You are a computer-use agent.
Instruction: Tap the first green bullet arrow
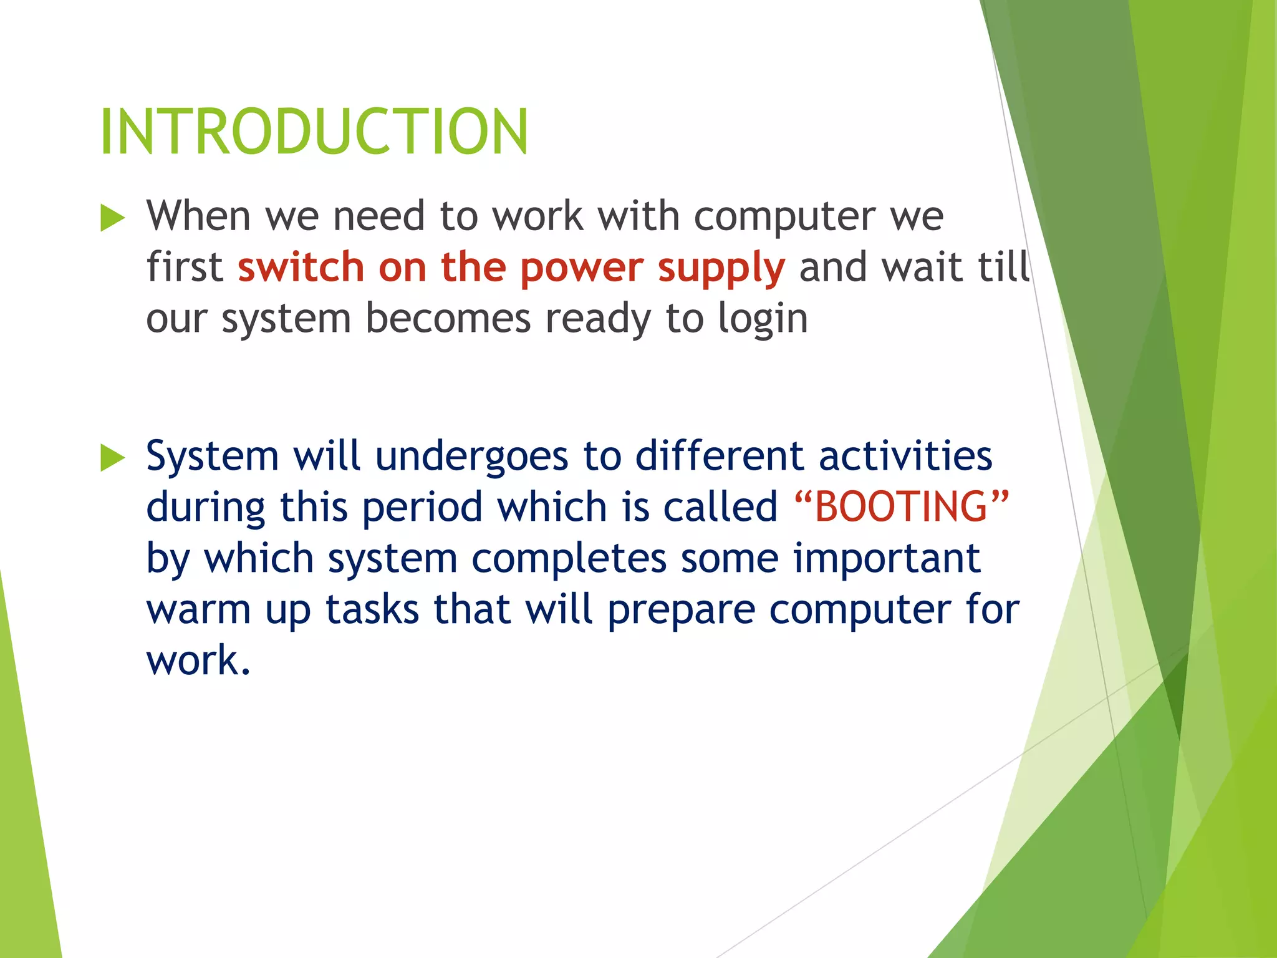coord(113,218)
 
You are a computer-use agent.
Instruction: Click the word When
coord(198,216)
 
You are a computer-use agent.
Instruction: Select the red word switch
coord(301,267)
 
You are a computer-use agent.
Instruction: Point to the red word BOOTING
coord(902,506)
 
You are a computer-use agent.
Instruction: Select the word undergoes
coord(471,457)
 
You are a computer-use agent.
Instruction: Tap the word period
coord(422,507)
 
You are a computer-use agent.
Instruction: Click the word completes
coord(569,558)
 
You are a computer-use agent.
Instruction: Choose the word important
coord(887,558)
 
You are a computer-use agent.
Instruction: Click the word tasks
coord(372,609)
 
